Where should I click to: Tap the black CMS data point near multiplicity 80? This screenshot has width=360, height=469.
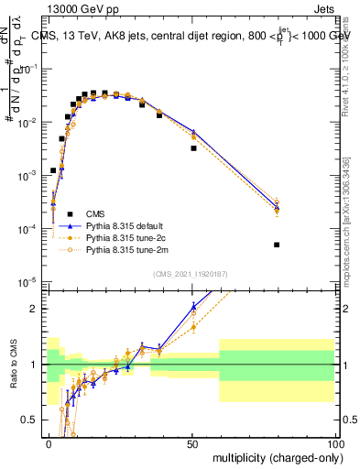[x=277, y=245]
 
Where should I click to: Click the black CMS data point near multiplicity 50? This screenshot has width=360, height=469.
[x=193, y=147]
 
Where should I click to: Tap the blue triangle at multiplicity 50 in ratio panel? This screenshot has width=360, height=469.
[x=193, y=306]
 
